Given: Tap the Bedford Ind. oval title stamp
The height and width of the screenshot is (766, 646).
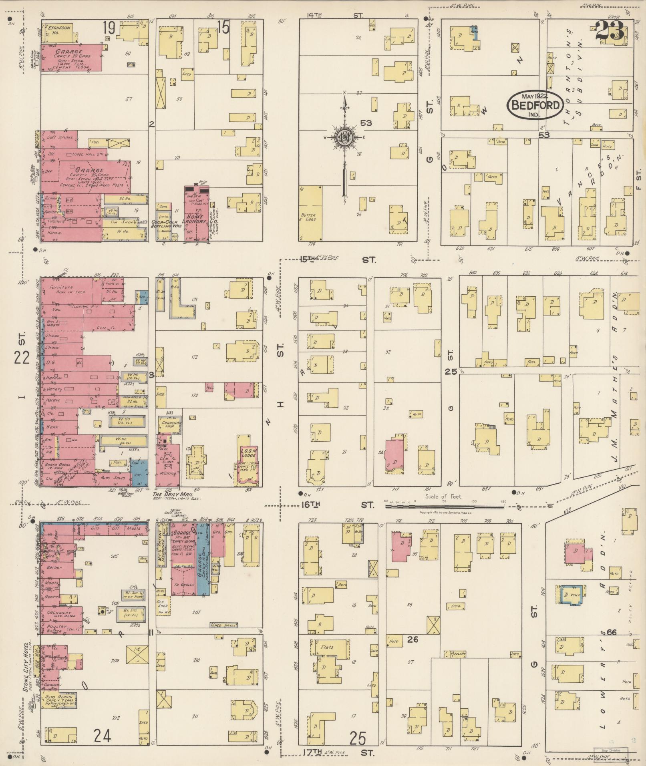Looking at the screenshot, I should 535,105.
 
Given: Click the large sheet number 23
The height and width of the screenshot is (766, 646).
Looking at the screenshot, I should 610,31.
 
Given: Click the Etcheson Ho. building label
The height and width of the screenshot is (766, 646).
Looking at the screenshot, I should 59,30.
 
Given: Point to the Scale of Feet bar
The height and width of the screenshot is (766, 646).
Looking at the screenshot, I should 445,507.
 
